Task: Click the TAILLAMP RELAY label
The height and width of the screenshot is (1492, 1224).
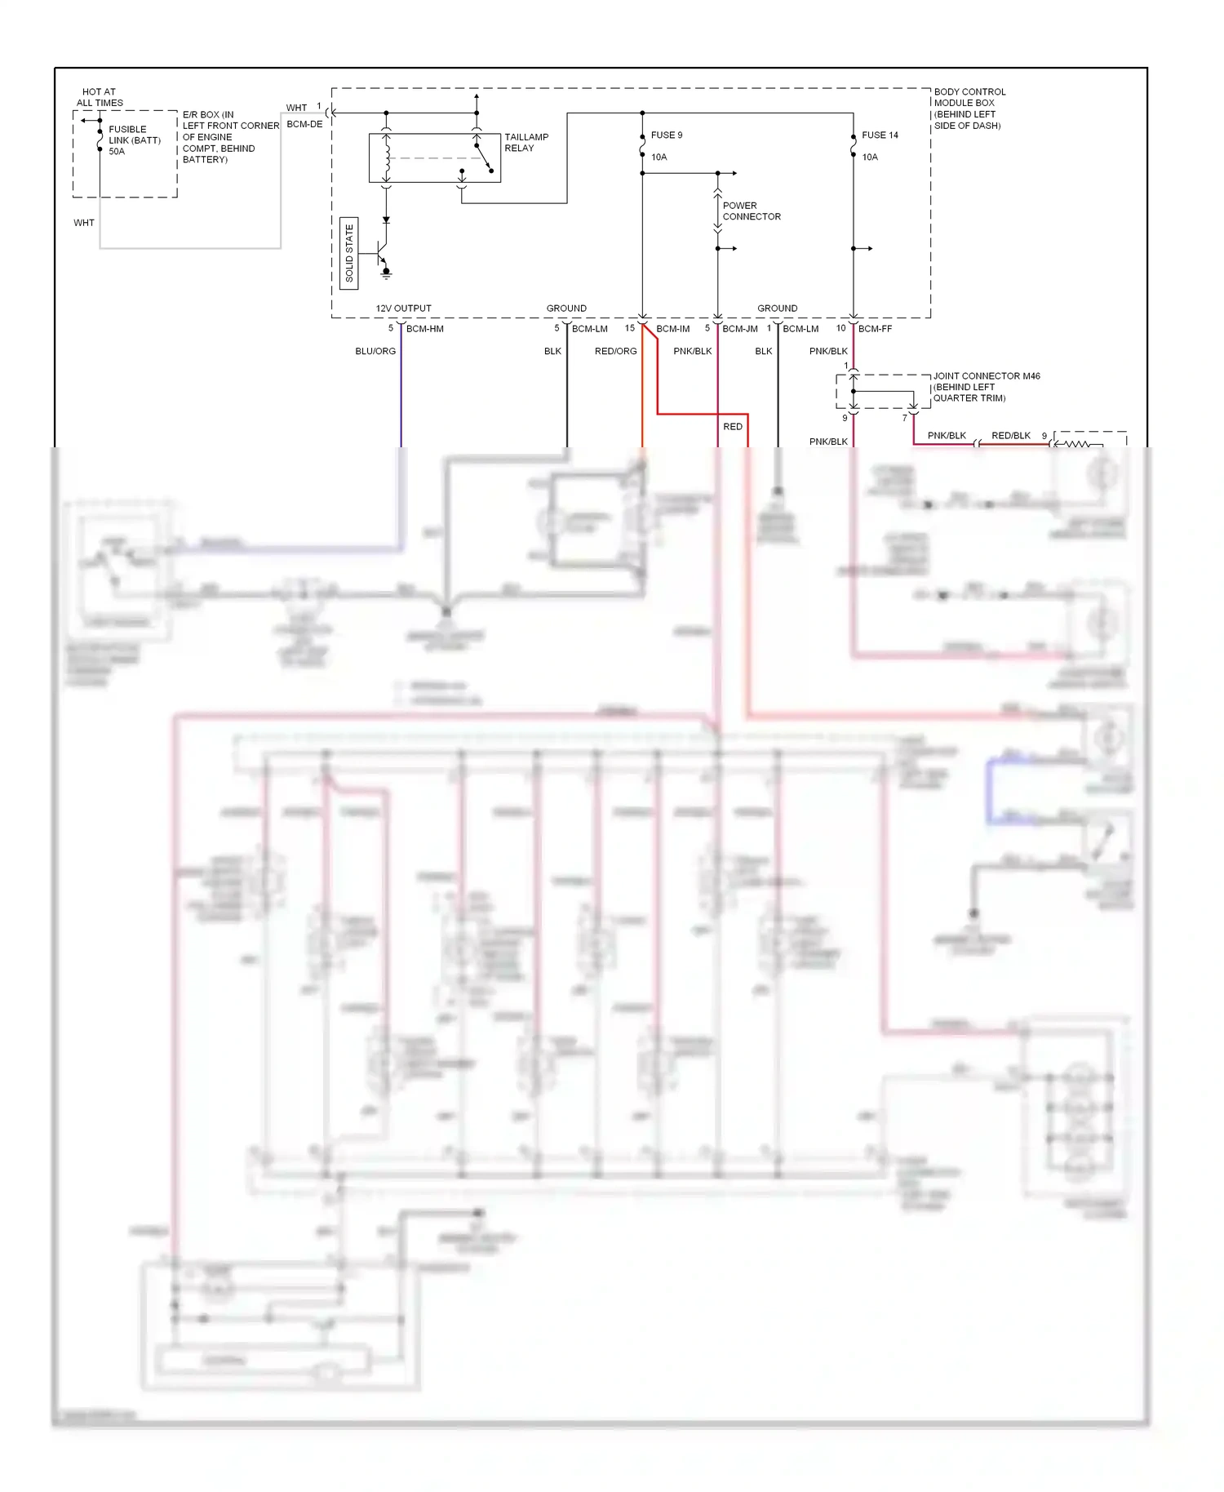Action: coord(526,143)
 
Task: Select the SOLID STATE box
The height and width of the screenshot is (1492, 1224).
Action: coord(348,254)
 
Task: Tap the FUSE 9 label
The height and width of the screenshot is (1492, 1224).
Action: coord(666,135)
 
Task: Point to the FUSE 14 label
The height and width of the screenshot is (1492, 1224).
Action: coord(879,135)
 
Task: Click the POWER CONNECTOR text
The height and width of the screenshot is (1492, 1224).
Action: coord(751,211)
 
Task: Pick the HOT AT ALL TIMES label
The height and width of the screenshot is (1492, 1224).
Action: coord(100,97)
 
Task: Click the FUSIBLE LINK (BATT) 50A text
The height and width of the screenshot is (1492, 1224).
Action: coord(134,140)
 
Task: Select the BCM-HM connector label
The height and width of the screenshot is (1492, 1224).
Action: coord(424,329)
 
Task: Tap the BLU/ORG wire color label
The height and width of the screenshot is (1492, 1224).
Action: coord(375,352)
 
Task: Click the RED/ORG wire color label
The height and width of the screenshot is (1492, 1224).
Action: coord(615,352)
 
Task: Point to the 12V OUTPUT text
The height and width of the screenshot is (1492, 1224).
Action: coord(403,309)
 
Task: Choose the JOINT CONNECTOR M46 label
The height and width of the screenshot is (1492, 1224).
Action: coord(986,376)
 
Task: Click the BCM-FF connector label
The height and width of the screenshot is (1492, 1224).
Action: coord(875,329)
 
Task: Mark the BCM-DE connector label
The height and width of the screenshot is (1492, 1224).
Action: coord(304,124)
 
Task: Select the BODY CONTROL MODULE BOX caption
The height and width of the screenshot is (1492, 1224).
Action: coord(969,109)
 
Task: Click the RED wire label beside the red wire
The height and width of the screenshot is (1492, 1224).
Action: coord(733,427)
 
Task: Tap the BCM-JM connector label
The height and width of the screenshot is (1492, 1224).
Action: coord(739,329)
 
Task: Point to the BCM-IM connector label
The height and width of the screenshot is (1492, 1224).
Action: coord(672,329)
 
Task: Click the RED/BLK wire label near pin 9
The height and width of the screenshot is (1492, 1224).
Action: coord(1010,436)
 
